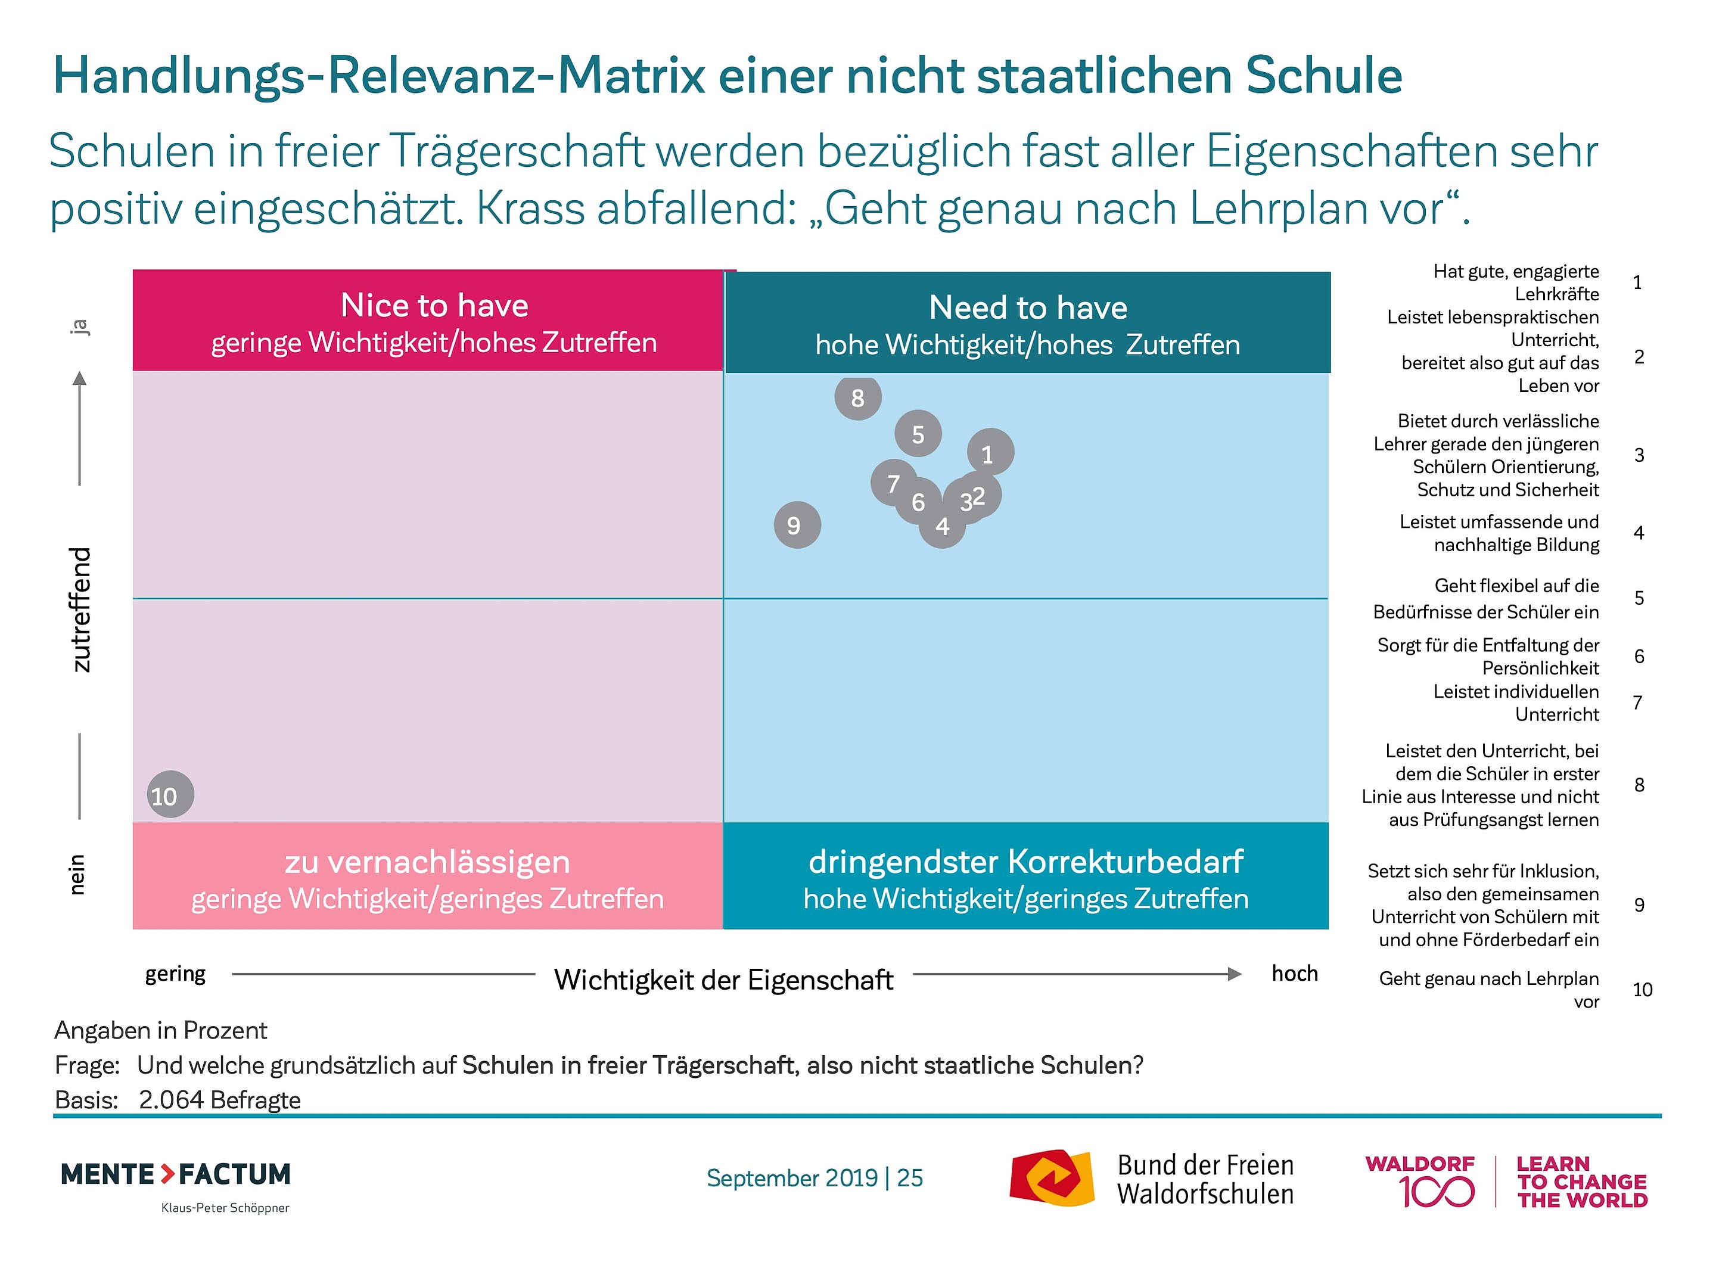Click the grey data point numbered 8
pos(857,398)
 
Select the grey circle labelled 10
pos(170,794)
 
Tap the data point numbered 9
pos(797,525)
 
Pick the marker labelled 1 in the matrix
pos(990,452)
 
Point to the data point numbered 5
pos(918,434)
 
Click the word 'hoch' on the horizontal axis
pos(1294,974)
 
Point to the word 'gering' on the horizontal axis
pos(175,974)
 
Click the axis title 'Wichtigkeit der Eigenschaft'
pos(723,980)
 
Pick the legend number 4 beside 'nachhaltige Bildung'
pos(1639,533)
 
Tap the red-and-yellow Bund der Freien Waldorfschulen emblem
pos(1051,1179)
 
